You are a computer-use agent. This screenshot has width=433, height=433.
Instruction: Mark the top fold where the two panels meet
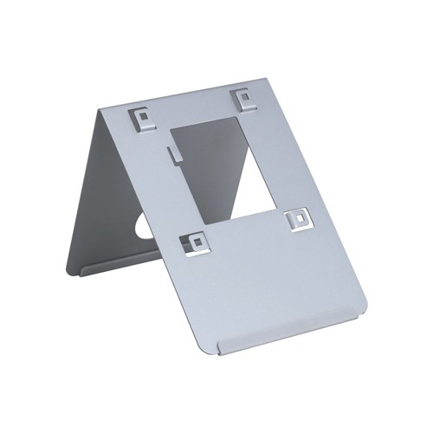[173, 99]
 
